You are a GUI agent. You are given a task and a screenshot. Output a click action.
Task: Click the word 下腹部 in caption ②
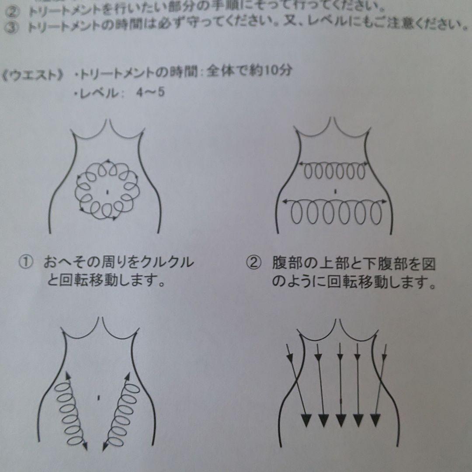click(380, 264)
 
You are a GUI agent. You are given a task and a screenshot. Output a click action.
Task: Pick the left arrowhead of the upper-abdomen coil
click(301, 164)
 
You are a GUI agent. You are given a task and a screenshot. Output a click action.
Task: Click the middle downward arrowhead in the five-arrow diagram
click(341, 420)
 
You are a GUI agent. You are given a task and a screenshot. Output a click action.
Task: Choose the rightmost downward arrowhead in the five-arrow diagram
click(375, 420)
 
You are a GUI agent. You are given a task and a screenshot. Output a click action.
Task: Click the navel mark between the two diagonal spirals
click(99, 398)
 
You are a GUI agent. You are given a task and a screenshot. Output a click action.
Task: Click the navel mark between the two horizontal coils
click(335, 191)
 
